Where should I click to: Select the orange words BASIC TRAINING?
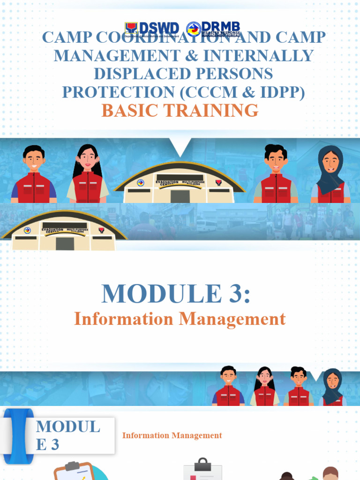pos(180,111)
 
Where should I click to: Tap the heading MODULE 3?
pos(176,294)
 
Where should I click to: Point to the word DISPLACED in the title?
pos(143,74)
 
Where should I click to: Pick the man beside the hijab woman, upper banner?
pos(276,174)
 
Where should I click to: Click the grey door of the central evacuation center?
pos(180,196)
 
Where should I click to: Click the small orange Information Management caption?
pos(172,435)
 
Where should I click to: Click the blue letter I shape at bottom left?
pos(19,436)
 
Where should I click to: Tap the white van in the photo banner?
pos(206,225)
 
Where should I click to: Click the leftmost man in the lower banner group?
pos(228,387)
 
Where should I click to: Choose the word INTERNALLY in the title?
pos(266,55)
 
